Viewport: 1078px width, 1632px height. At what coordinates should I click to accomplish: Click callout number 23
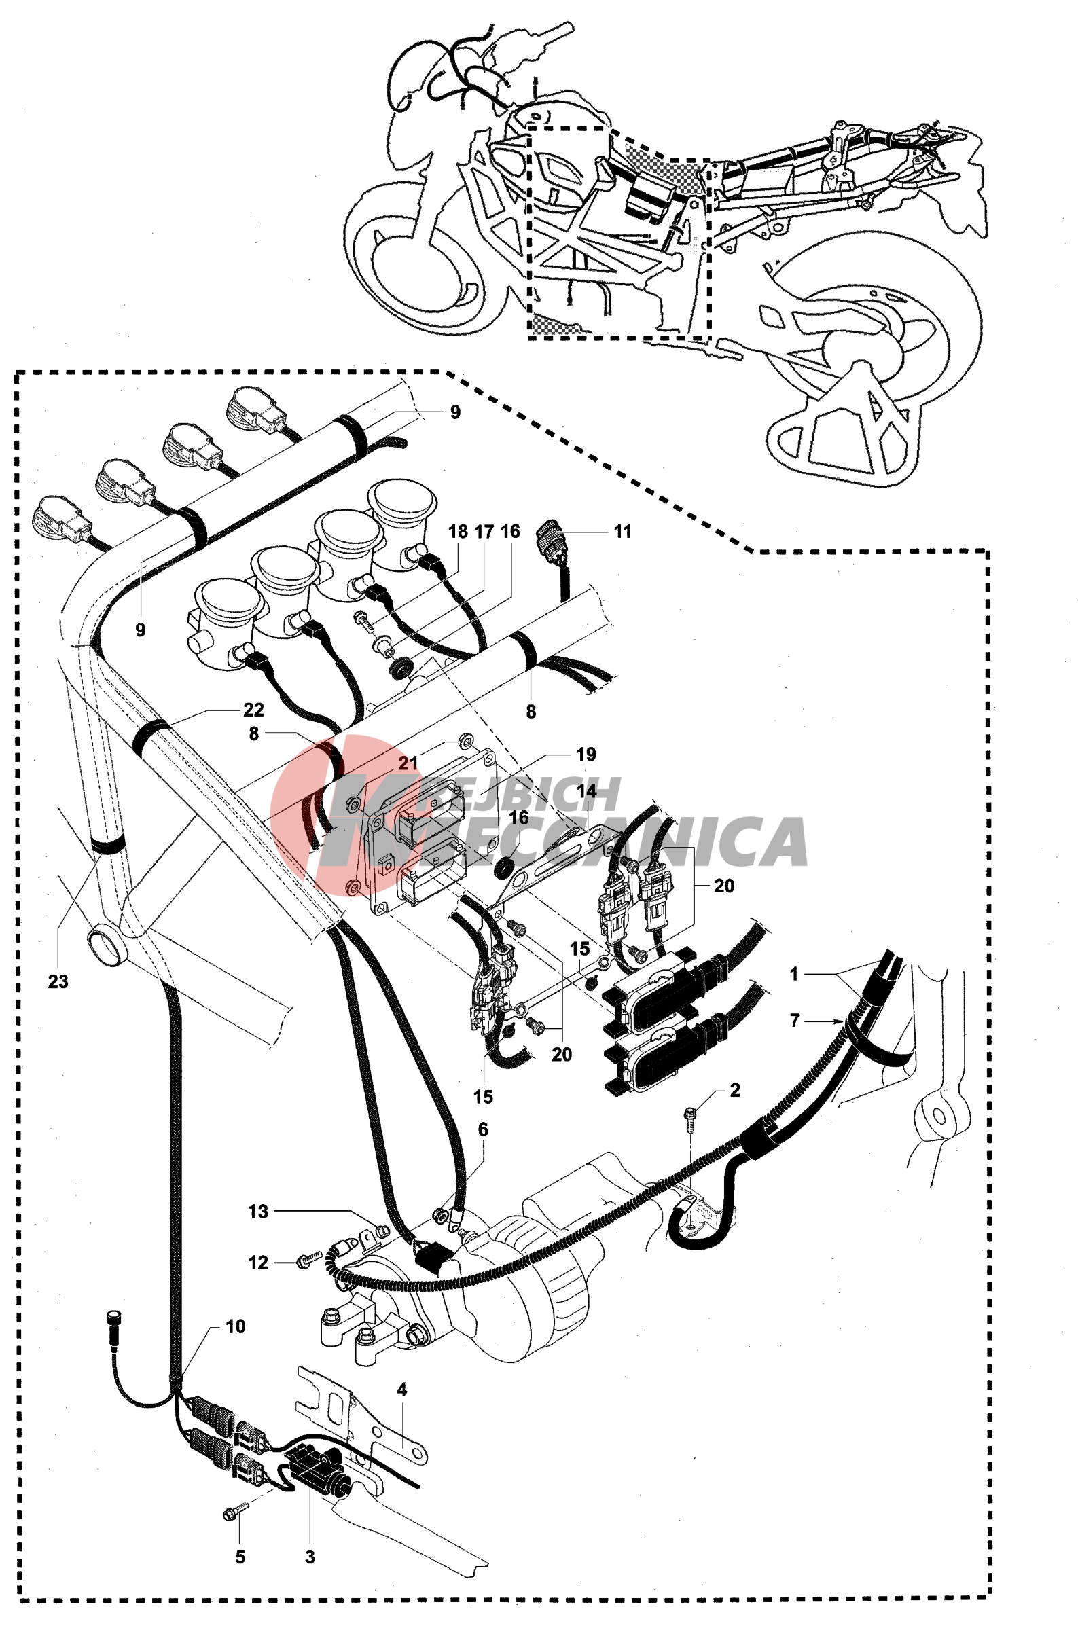click(58, 981)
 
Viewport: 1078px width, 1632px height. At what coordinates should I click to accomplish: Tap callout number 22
click(253, 710)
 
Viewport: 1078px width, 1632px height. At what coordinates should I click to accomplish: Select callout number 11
click(622, 531)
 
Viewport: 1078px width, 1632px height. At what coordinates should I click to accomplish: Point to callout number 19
click(586, 754)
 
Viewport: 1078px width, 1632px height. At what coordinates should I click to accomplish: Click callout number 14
click(587, 791)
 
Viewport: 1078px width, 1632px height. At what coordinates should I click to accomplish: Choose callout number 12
click(259, 1263)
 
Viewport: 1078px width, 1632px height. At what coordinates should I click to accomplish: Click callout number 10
click(235, 1326)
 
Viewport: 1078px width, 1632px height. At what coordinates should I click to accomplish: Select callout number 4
click(402, 1390)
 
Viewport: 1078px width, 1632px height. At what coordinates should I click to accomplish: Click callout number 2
click(735, 1090)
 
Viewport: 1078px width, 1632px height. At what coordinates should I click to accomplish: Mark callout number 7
click(795, 1021)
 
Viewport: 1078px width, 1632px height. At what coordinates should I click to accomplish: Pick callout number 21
click(408, 763)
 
